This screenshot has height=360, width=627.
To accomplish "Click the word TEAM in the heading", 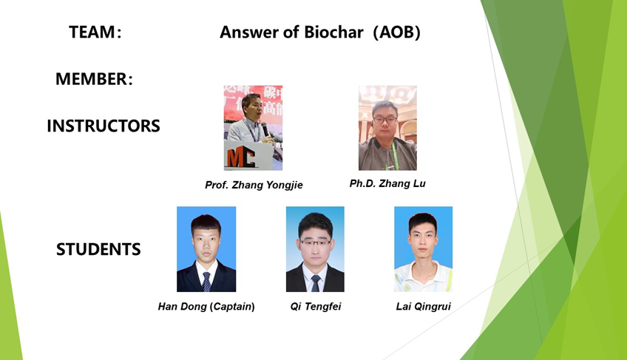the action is pos(92,32).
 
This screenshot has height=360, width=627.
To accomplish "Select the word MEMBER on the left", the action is pos(91,79).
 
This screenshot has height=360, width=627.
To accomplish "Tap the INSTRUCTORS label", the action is pos(104,126).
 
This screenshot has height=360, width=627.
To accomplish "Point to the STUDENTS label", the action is pos(98,249).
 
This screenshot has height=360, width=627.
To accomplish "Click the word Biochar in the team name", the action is pos(334,32).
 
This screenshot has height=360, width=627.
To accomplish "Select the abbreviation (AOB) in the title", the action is pos(396,32).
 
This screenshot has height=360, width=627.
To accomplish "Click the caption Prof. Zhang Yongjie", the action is pos(254,185).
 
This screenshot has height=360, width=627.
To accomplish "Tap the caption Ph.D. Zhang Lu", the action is pos(387,183).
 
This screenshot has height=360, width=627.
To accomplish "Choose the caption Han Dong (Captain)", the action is pos(206,306).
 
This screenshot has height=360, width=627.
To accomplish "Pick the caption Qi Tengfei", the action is pos(316,306).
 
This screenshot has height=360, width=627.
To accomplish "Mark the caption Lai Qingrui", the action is pos(424,306).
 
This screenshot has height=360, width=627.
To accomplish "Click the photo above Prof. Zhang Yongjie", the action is pos(253,128).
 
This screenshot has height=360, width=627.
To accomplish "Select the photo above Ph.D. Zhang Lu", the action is pos(387,128).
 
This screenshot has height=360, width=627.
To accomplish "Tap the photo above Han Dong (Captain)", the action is pos(206,249).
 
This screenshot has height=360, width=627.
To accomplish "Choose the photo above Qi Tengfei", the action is pos(315,249).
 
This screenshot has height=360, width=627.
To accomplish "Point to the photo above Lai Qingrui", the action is pos(424,249).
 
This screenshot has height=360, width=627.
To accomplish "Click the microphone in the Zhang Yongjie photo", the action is pos(265,129).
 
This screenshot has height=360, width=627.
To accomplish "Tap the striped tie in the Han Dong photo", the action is pos(206,282).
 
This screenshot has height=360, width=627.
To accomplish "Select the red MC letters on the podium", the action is pos(241,157).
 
